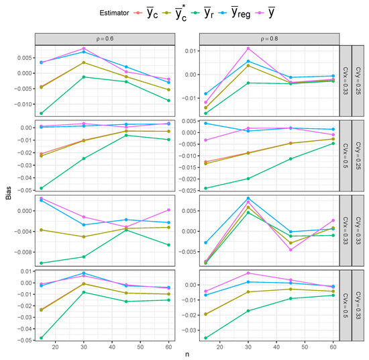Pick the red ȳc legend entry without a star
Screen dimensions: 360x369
pyautogui.click(x=118, y=11)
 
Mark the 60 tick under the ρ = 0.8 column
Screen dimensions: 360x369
pyautogui.click(x=333, y=347)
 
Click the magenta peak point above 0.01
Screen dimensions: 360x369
pyautogui.click(x=248, y=48)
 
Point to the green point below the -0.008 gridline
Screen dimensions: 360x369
pyautogui.click(x=42, y=263)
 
